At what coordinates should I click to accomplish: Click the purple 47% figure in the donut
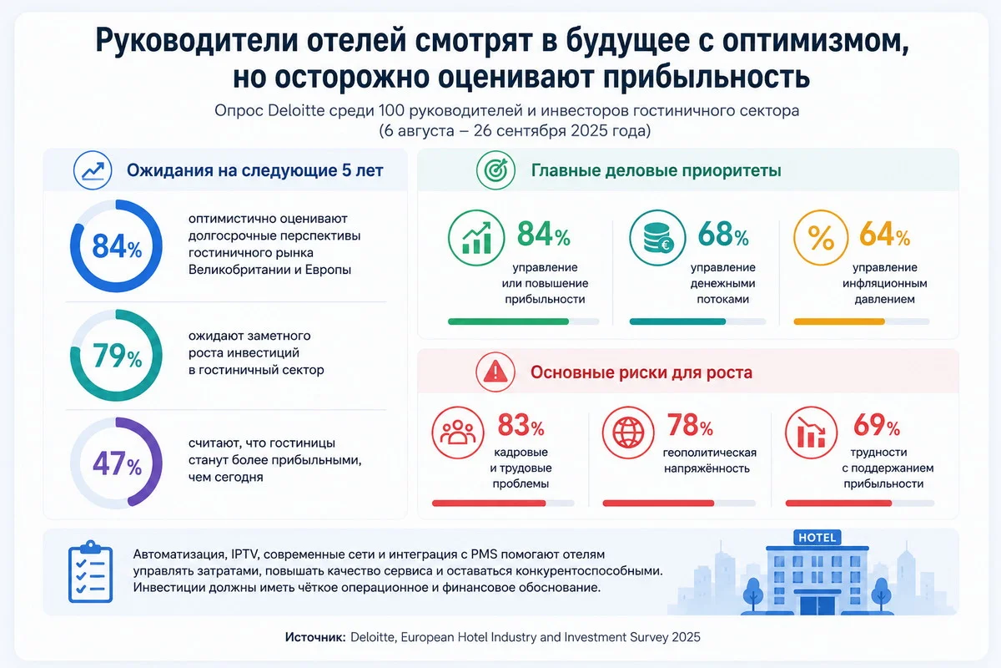click(x=117, y=464)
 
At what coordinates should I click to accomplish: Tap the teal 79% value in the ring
click(x=117, y=357)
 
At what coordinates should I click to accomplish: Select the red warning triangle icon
click(x=495, y=372)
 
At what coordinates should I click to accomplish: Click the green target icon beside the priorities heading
click(x=495, y=170)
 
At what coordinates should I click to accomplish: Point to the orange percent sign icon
click(x=821, y=238)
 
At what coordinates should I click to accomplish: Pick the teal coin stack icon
click(x=658, y=238)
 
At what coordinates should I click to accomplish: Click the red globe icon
click(x=628, y=433)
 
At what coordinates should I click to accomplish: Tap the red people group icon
click(x=458, y=433)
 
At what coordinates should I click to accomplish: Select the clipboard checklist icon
click(x=90, y=571)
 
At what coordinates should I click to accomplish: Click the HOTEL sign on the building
click(x=817, y=538)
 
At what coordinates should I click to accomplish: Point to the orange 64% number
click(x=885, y=234)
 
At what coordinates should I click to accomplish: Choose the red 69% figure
click(x=877, y=425)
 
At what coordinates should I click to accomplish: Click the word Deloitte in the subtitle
click(x=296, y=110)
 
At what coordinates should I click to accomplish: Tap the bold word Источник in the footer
click(x=315, y=637)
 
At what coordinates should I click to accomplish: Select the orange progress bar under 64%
click(x=839, y=321)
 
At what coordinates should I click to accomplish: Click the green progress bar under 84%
click(x=508, y=321)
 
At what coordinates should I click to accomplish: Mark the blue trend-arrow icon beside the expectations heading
click(x=93, y=170)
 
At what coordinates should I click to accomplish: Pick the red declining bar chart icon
click(x=811, y=433)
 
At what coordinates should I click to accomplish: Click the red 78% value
click(x=690, y=425)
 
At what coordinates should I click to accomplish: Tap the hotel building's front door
click(x=817, y=605)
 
